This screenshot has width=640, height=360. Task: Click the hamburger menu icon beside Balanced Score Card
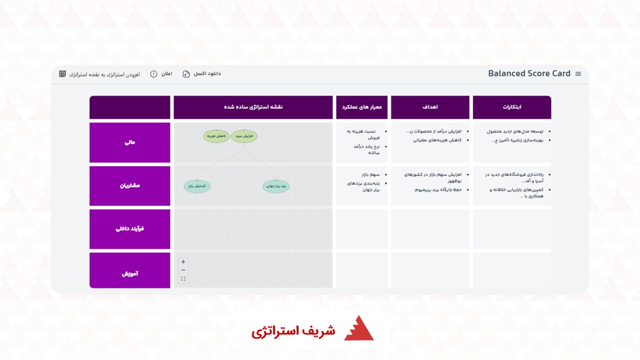pyautogui.click(x=578, y=74)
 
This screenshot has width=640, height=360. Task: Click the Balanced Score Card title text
pyautogui.click(x=529, y=73)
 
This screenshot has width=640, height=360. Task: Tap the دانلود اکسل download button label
pyautogui.click(x=207, y=73)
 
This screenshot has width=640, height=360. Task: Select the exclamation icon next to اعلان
pyautogui.click(x=153, y=74)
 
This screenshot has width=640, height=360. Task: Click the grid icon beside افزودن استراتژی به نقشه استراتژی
pyautogui.click(x=62, y=74)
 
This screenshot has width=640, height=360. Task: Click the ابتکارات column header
pyautogui.click(x=511, y=107)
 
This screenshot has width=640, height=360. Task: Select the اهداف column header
pyautogui.click(x=430, y=107)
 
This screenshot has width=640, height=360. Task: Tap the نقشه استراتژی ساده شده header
pyautogui.click(x=253, y=107)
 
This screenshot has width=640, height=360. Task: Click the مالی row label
pyautogui.click(x=130, y=142)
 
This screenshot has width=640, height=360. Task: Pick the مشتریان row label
pyautogui.click(x=130, y=185)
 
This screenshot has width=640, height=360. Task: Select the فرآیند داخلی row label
pyautogui.click(x=130, y=229)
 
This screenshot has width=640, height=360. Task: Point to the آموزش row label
pyautogui.click(x=130, y=273)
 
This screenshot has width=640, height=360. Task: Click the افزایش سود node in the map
pyautogui.click(x=244, y=136)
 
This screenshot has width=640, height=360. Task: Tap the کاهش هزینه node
pyautogui.click(x=216, y=136)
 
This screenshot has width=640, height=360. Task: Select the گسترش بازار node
pyautogui.click(x=197, y=186)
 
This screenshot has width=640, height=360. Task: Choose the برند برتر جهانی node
pyautogui.click(x=275, y=186)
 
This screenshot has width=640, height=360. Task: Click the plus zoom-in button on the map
pyautogui.click(x=183, y=261)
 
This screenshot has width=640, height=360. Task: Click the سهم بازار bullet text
pyautogui.click(x=371, y=174)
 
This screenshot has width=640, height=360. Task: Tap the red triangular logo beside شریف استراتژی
pyautogui.click(x=358, y=329)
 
